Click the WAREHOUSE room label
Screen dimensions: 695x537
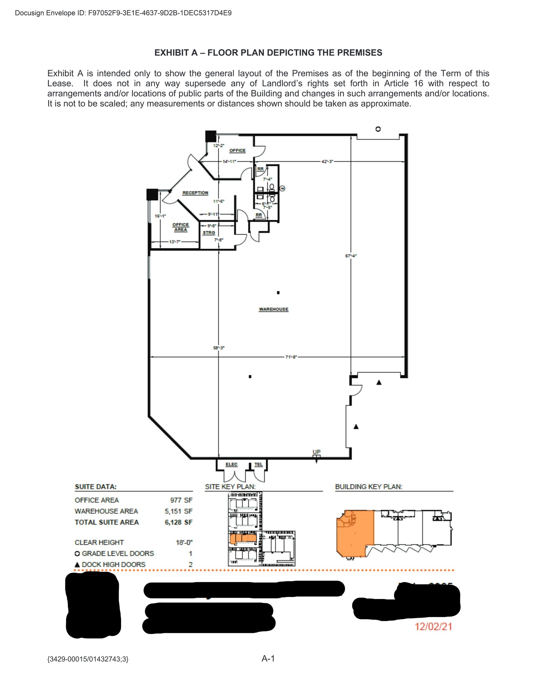tap(273, 309)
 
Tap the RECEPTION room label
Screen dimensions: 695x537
tap(195, 193)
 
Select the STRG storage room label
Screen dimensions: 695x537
tap(209, 232)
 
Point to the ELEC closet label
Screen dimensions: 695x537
tap(231, 464)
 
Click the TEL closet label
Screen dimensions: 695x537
tap(258, 464)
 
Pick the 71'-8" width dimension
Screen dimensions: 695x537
tap(291, 357)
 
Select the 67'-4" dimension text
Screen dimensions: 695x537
tap(351, 256)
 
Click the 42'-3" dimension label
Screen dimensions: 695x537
tap(327, 161)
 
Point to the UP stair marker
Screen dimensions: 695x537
tap(316, 452)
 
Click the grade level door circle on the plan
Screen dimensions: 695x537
tap(378, 129)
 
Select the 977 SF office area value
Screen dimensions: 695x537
tap(181, 500)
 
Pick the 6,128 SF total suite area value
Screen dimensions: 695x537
tap(178, 522)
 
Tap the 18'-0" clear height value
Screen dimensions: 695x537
tap(184, 542)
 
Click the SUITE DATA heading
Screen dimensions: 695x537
tap(96, 487)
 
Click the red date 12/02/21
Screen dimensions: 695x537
tap(434, 626)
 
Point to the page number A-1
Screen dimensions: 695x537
tap(268, 658)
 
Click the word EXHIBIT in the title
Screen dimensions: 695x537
tap(171, 53)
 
